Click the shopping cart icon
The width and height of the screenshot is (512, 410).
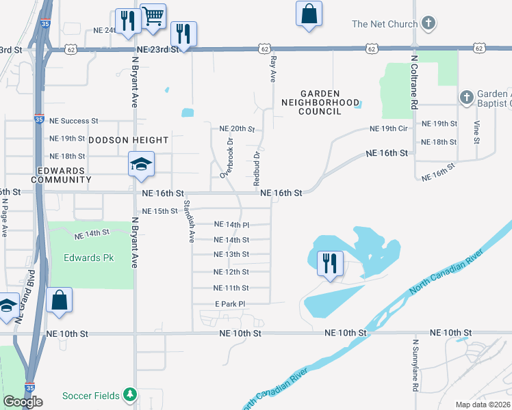click(x=153, y=15)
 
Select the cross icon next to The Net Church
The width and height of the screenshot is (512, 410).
click(x=428, y=24)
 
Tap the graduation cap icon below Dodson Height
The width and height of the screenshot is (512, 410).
click(x=141, y=165)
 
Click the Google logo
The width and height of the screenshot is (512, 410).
click(x=23, y=402)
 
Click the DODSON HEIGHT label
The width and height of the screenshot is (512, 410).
click(x=129, y=140)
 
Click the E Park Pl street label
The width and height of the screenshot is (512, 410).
click(x=230, y=303)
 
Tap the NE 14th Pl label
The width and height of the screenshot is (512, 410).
click(x=231, y=224)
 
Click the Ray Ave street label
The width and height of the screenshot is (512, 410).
click(x=272, y=68)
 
